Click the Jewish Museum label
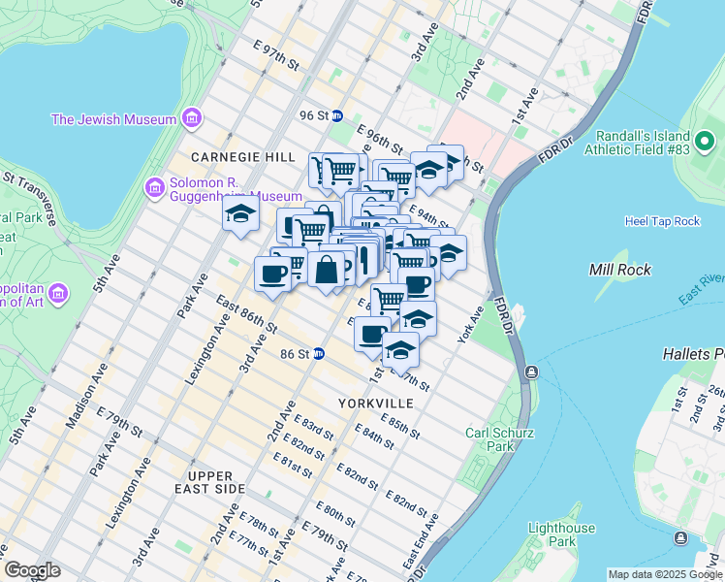click(x=113, y=119)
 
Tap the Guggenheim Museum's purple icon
click(x=152, y=186)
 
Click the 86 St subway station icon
click(x=317, y=355)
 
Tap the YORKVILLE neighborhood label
click(x=376, y=403)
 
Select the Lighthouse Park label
click(x=561, y=534)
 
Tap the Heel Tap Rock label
click(x=662, y=221)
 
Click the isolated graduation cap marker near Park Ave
click(x=239, y=215)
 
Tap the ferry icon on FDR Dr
click(x=532, y=372)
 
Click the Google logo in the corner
click(x=32, y=570)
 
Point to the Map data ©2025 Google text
click(x=665, y=574)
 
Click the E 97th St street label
click(x=274, y=55)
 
